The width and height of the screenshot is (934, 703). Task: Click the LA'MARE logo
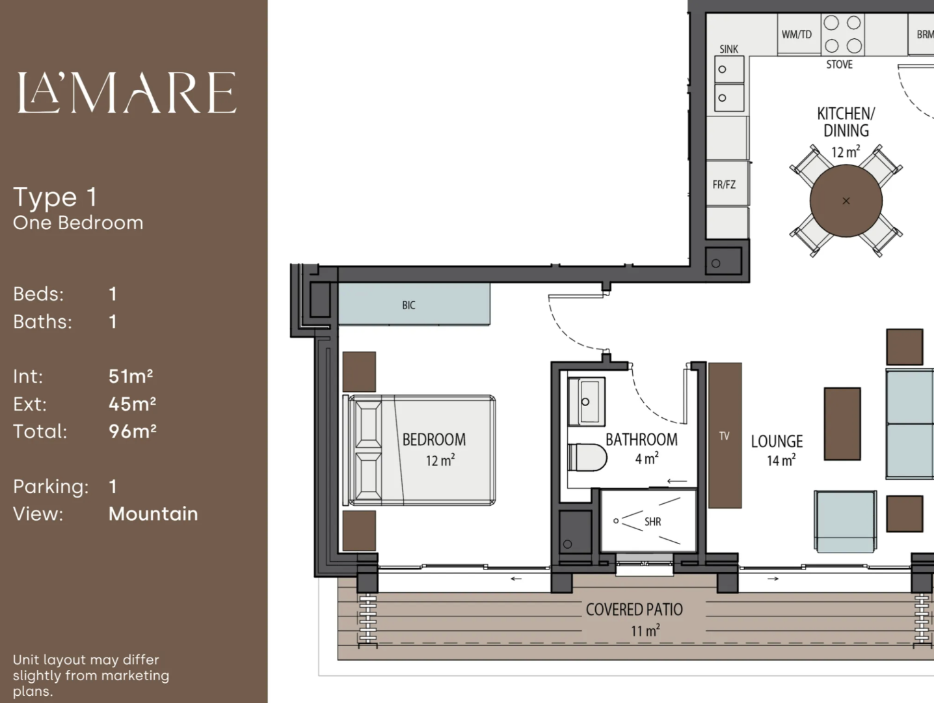coord(127,92)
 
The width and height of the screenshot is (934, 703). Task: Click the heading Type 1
coord(55,197)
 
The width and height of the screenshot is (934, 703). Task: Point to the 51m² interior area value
coord(131,376)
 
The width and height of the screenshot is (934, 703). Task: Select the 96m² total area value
coord(132,432)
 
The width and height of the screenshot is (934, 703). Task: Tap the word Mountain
coord(153,514)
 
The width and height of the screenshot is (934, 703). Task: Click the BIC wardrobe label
coord(408,305)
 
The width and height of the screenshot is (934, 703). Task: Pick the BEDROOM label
coord(434,439)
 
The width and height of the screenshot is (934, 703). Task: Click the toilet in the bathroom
coord(587,458)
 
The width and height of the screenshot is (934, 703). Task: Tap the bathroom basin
coord(587,402)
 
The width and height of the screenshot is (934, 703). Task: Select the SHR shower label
coord(653,521)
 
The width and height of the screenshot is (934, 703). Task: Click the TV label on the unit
coord(724,436)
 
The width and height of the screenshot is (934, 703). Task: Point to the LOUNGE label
coord(777,441)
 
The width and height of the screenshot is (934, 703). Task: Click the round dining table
coord(846,201)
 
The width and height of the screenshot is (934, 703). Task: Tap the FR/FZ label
coord(724,185)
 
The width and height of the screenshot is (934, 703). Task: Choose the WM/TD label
coord(797,34)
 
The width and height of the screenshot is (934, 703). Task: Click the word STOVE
coord(840,64)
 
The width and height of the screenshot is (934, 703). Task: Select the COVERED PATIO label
coord(634,610)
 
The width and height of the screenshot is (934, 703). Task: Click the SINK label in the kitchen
coord(729,49)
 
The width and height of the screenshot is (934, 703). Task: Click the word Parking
coord(51,487)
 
